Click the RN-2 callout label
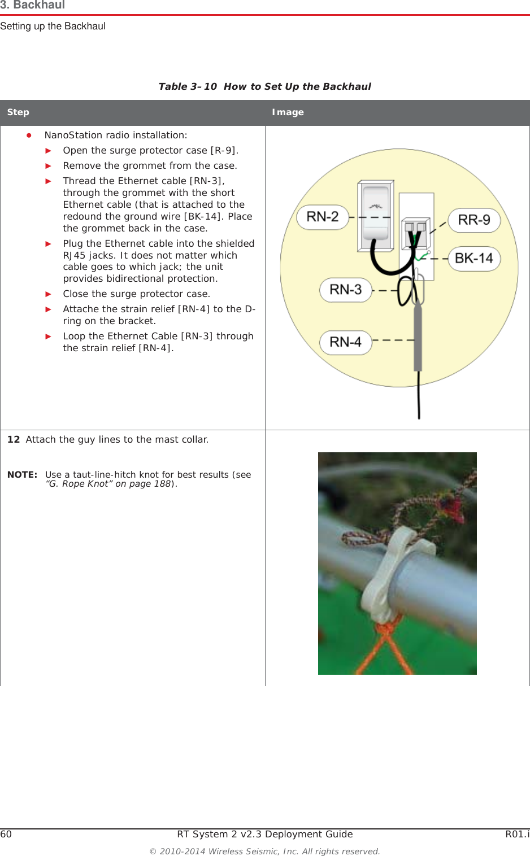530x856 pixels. click(x=323, y=217)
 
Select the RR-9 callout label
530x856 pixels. click(x=474, y=220)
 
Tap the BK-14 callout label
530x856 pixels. click(x=474, y=259)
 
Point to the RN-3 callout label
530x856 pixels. click(x=345, y=290)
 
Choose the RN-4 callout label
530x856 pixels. click(x=345, y=342)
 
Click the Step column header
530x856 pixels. click(x=18, y=112)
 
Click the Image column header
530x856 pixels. click(x=288, y=112)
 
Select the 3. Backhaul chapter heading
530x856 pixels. click(x=33, y=5)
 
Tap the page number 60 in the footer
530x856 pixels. click(x=6, y=834)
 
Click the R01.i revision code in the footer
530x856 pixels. click(x=517, y=834)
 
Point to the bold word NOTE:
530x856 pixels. click(x=22, y=475)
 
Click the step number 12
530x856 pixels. click(x=14, y=439)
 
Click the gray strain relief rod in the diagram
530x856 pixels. click(x=418, y=339)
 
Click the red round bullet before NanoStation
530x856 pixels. click(x=28, y=135)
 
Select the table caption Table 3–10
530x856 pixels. click(x=188, y=86)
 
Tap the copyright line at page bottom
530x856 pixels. click(x=264, y=851)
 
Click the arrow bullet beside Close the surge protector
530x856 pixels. click(x=49, y=294)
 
